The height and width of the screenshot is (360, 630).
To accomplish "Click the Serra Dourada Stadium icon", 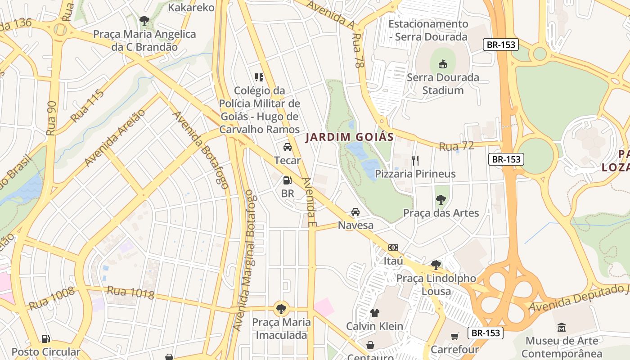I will tap(443, 64).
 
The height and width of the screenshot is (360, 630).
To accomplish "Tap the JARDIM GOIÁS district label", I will tap(349, 137).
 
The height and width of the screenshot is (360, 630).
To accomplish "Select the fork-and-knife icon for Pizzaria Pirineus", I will tap(415, 160).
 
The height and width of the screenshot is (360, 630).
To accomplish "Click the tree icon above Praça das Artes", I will tap(441, 199).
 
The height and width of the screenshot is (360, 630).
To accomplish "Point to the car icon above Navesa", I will tap(355, 211).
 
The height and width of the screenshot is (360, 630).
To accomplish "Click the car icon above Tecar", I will tap(288, 147).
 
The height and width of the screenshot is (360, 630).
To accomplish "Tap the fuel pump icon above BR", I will tap(287, 180).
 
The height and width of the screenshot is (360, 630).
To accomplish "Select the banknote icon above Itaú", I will tap(393, 247).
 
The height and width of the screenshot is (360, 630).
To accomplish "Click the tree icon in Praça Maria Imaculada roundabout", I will tap(281, 309).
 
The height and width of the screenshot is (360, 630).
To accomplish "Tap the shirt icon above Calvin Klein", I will tap(374, 313).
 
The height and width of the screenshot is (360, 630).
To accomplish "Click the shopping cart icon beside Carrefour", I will tap(455, 336).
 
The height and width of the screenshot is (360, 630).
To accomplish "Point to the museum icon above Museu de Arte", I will tap(562, 327).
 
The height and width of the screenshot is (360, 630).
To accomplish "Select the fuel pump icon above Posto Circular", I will tap(45, 338).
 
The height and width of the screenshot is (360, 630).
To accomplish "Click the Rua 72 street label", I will tap(456, 146).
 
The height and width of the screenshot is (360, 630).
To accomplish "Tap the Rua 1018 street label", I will tap(130, 292).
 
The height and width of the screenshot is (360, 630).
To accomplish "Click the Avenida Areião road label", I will tap(115, 138).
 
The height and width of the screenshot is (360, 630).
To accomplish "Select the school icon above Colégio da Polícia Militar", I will tap(259, 77).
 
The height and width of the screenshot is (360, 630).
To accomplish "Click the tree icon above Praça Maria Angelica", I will tap(144, 20).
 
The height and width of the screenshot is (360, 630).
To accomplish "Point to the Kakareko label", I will tap(191, 7).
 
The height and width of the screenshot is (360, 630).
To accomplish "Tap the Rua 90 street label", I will tap(52, 118).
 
